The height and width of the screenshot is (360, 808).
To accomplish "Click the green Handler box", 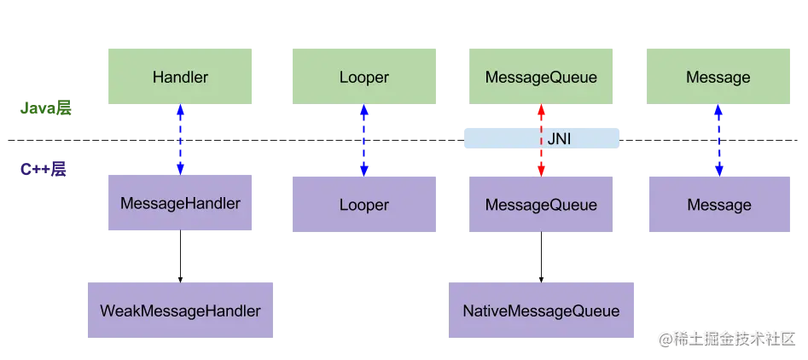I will tap(180, 78).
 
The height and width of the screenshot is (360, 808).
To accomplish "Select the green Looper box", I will tap(364, 78).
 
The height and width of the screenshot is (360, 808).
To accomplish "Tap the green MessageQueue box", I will tap(541, 78).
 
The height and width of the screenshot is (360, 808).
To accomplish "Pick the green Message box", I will tap(718, 78).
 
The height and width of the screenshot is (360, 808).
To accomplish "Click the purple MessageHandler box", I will tap(180, 204).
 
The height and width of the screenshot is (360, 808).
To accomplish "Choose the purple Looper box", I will tap(364, 205).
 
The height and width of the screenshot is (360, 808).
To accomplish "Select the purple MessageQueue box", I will tap(541, 205).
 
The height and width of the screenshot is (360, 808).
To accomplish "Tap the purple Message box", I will tap(718, 205).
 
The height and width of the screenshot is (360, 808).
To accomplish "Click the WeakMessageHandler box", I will tap(180, 311).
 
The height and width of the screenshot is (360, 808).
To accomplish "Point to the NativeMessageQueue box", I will tap(541, 311).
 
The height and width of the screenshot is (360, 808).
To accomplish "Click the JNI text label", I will tap(560, 137).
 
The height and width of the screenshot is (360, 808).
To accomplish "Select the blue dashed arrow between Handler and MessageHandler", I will tap(181, 139).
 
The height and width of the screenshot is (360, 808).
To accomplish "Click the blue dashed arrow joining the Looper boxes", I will tap(365, 139).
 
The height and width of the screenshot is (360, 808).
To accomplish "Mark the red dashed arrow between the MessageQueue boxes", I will tap(541, 139).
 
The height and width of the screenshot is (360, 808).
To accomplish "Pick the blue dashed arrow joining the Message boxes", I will tap(719, 139).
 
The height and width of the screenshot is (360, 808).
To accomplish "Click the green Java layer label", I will tap(48, 107).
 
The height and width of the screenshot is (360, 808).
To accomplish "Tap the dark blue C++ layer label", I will tap(44, 169).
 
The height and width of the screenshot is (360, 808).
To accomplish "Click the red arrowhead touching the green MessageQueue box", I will tap(541, 112).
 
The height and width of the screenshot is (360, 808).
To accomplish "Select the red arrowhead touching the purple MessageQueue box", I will tap(541, 168).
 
